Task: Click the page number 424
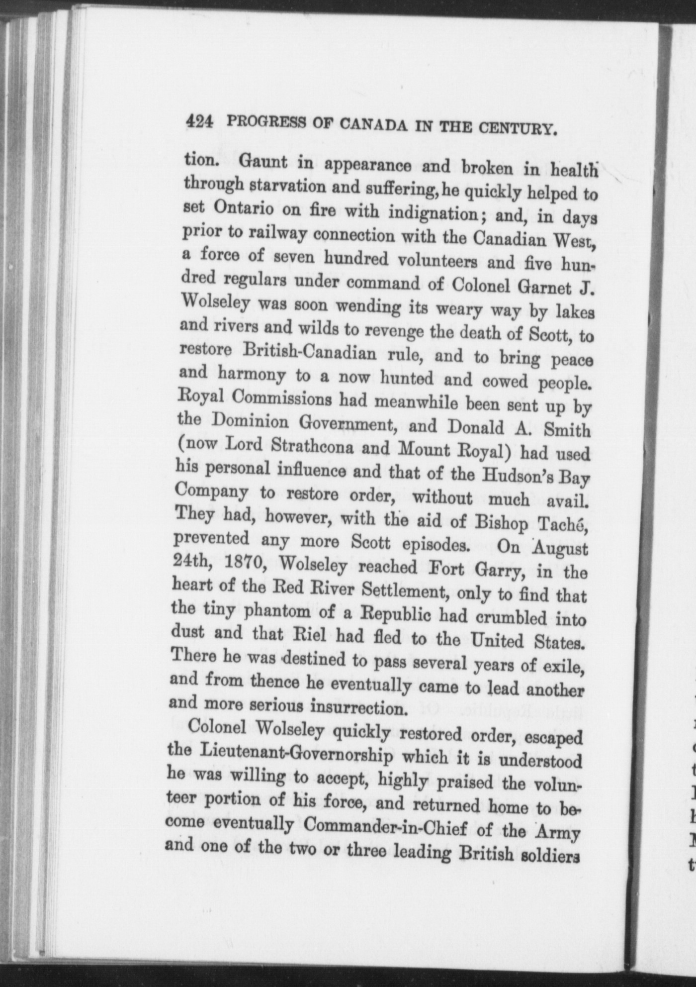[x=199, y=122]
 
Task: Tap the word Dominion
[x=250, y=422]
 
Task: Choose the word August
[x=562, y=548]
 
